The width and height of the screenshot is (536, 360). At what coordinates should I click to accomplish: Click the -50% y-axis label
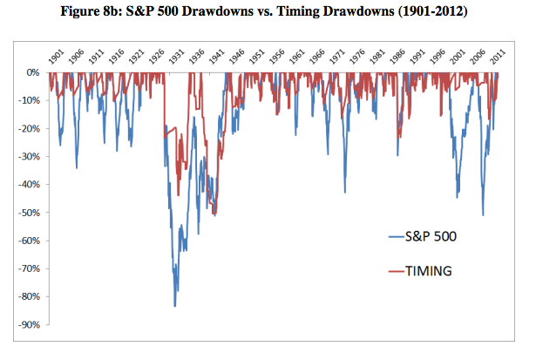click(x=30, y=213)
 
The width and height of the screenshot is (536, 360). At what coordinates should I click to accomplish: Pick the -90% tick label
click(x=30, y=325)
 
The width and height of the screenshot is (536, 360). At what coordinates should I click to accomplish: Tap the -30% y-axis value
click(x=30, y=157)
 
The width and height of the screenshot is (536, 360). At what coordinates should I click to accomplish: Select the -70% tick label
click(x=30, y=268)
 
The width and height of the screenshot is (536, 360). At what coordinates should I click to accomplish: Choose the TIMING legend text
click(x=428, y=272)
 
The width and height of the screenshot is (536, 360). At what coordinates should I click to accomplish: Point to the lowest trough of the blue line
click(x=175, y=306)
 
